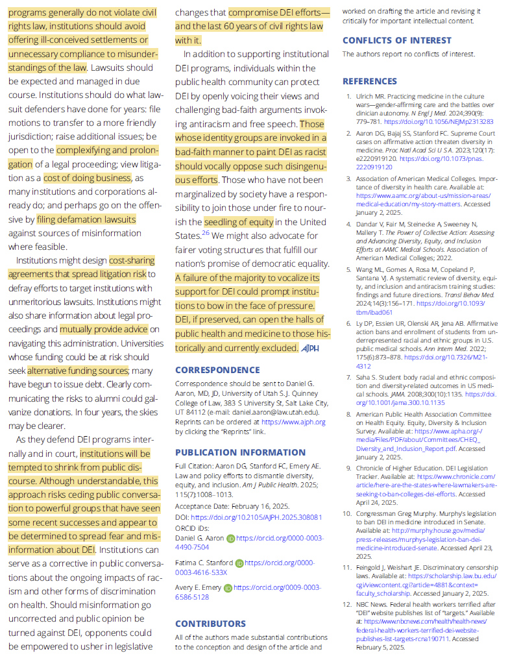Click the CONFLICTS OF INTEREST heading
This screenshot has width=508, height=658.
click(396, 40)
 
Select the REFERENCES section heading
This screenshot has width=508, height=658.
click(369, 81)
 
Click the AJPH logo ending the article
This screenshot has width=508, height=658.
click(310, 348)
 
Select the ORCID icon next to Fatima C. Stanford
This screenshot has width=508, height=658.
click(239, 563)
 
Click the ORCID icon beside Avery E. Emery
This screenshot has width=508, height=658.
click(228, 588)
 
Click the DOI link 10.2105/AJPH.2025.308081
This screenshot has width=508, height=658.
click(261, 517)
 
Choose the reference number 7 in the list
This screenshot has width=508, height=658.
click(348, 377)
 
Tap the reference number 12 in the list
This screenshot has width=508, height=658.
click(347, 604)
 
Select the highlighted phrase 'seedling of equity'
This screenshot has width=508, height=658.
click(238, 222)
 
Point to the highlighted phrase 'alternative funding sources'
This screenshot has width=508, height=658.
click(77, 371)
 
